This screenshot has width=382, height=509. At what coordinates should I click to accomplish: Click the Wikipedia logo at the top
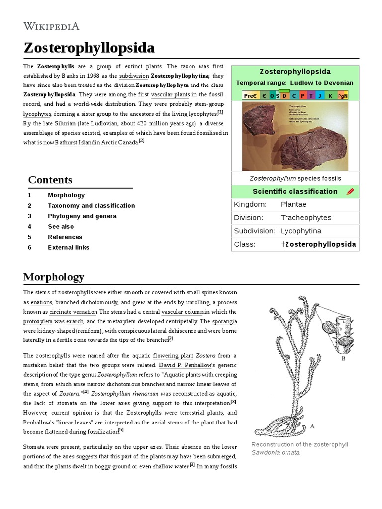tap(51, 26)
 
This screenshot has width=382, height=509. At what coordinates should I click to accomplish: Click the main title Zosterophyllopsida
tap(89, 48)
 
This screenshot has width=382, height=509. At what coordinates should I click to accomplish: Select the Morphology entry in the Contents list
tap(66, 195)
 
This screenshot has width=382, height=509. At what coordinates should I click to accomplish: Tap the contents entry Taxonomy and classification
tap(91, 206)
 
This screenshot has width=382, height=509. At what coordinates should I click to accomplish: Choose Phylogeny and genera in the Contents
tap(82, 216)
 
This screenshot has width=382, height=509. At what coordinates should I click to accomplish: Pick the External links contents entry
tap(69, 248)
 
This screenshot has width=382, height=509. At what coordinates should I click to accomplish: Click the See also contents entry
tap(61, 227)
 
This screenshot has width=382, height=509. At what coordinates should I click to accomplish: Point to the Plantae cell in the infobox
tap(293, 204)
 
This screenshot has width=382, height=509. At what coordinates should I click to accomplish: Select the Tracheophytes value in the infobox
tap(305, 218)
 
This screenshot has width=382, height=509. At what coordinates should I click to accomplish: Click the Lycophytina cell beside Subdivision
tap(301, 231)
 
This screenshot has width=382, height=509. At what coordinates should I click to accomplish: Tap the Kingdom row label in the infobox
tap(250, 204)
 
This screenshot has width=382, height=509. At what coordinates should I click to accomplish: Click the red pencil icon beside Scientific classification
tap(350, 192)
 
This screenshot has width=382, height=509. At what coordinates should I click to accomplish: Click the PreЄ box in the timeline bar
tap(250, 95)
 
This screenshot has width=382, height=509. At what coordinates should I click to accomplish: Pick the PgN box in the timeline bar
tap(343, 95)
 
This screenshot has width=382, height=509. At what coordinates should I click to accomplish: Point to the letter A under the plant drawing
tap(312, 426)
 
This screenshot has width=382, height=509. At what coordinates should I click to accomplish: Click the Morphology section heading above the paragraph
tap(54, 277)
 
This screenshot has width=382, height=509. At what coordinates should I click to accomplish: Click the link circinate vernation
tap(73, 312)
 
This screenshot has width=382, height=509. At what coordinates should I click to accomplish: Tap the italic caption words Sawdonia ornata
tap(276, 452)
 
